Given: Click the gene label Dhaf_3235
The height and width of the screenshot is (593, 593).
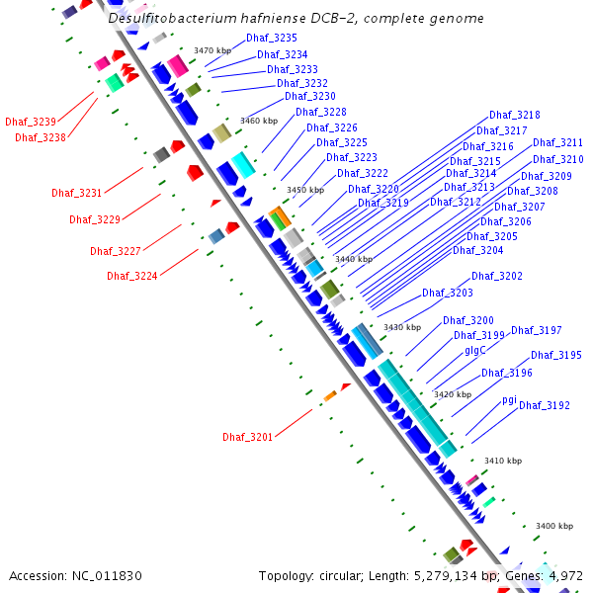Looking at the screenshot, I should [272, 38].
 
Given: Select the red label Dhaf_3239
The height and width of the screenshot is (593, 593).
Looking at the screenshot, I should [31, 122].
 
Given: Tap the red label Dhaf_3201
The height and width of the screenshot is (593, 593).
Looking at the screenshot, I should [247, 437].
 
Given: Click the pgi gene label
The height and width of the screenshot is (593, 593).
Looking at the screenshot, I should [509, 399].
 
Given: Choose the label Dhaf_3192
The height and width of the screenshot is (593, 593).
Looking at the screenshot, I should [545, 405].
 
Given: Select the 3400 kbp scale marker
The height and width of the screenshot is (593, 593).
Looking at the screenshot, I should [553, 527].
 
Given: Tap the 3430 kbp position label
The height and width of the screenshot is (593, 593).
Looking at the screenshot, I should [402, 327].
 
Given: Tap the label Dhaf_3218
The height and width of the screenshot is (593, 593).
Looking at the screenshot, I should [515, 116].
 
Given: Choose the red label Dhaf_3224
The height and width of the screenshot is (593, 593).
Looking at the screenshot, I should [132, 277].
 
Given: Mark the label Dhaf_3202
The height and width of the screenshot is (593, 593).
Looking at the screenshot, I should [497, 277].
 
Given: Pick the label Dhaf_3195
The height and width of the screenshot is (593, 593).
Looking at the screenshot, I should [556, 356].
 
